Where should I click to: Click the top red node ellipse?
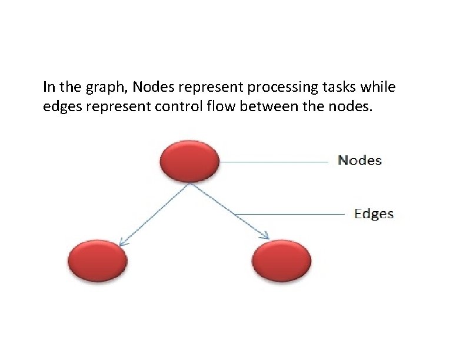189,160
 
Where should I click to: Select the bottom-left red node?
98,259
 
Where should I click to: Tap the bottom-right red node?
281,259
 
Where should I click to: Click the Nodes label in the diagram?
360,161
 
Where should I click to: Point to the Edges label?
374,214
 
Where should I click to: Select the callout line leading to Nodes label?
274,161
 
